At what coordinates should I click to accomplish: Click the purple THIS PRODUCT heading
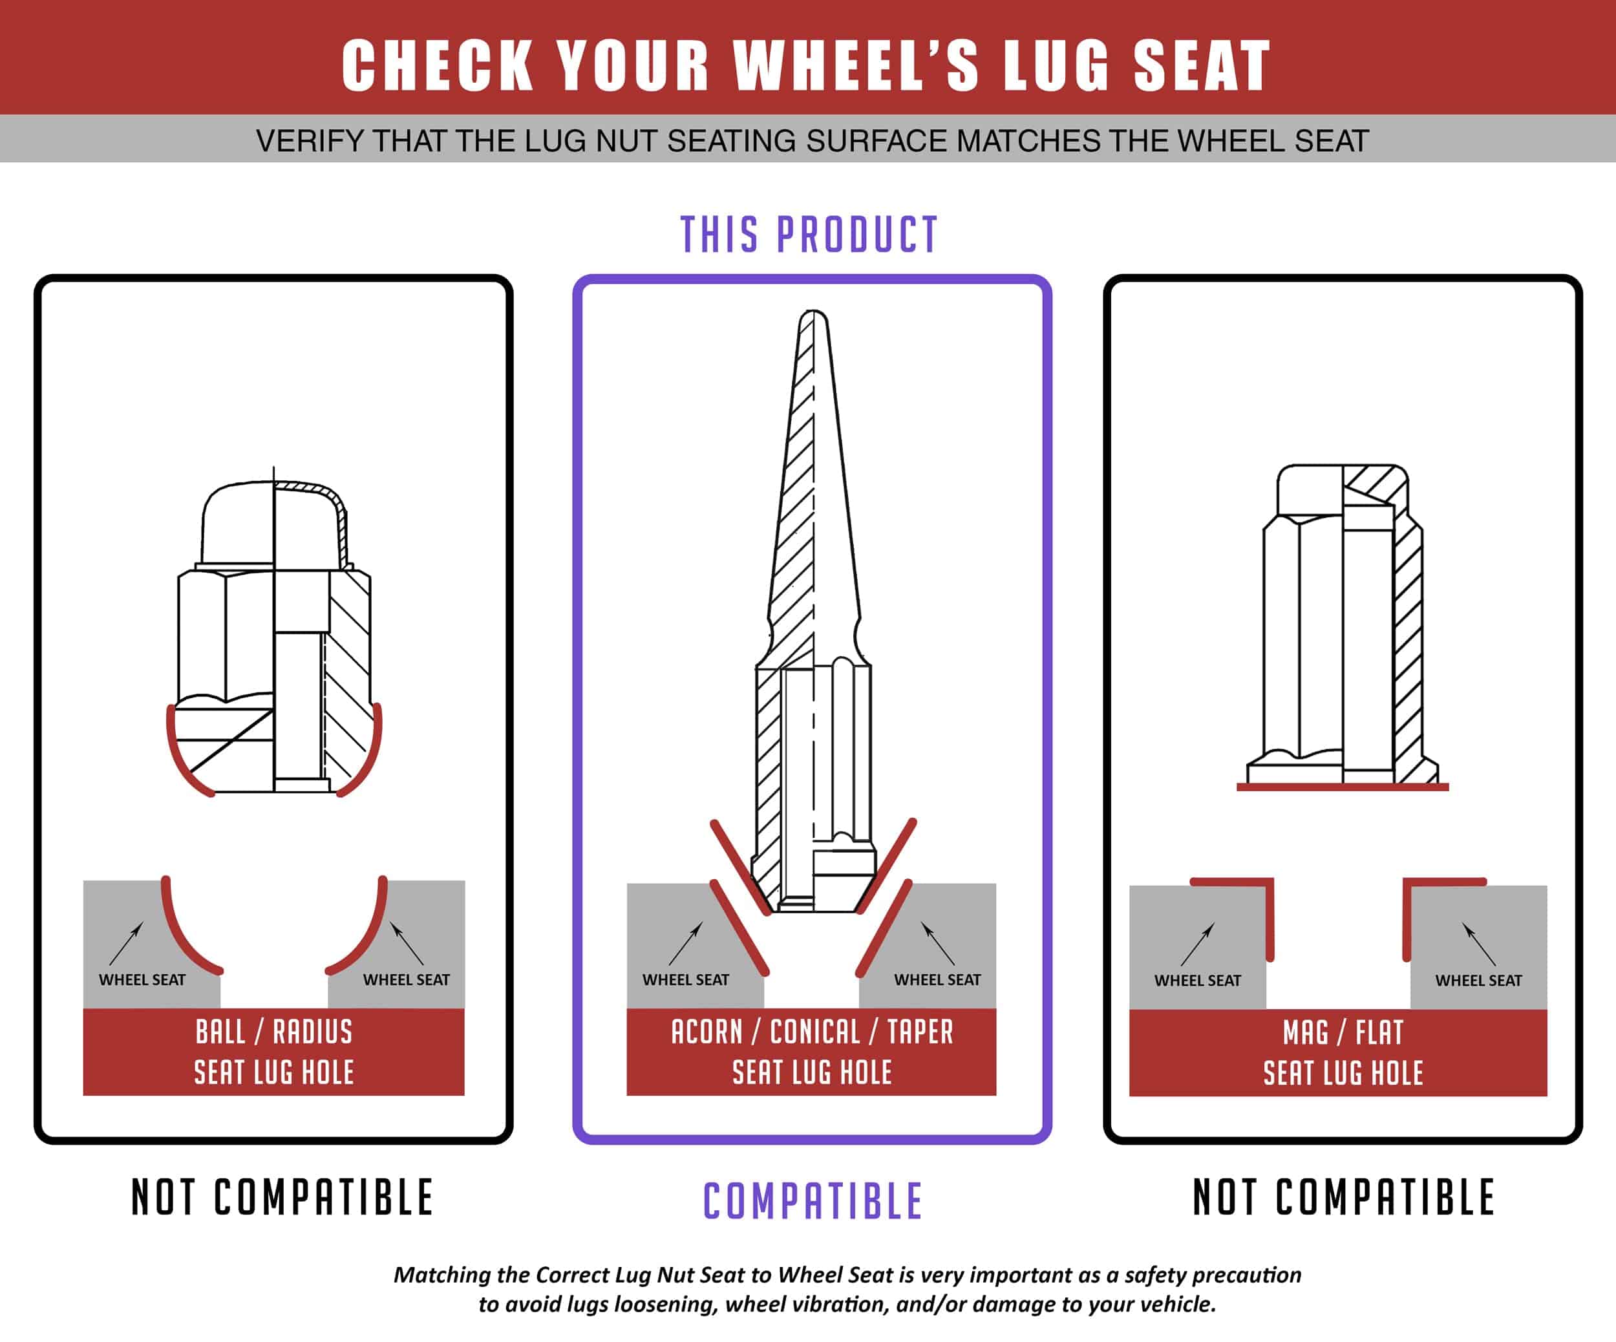(x=809, y=235)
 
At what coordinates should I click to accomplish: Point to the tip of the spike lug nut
(x=813, y=312)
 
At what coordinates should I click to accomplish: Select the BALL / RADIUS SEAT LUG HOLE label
(x=274, y=1052)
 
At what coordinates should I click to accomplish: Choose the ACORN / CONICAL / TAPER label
(x=812, y=1032)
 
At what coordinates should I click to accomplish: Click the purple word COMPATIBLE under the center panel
(x=813, y=1201)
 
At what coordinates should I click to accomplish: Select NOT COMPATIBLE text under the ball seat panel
(x=282, y=1197)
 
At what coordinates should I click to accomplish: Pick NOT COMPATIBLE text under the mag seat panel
(x=1344, y=1197)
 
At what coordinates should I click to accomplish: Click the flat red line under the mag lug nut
(x=1343, y=787)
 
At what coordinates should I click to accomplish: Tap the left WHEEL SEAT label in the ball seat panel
(x=142, y=979)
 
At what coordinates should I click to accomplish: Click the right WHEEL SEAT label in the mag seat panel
(x=1478, y=981)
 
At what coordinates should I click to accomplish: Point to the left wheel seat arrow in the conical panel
(x=686, y=943)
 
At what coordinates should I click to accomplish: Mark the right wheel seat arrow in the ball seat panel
(x=407, y=943)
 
